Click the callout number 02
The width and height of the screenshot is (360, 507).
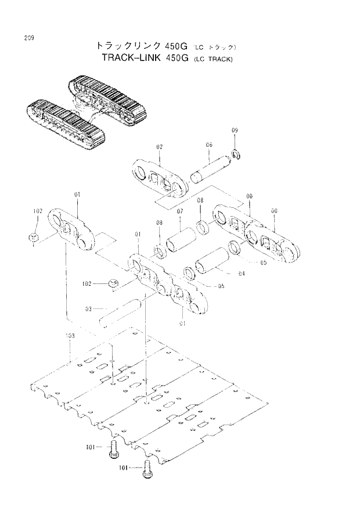[159, 148]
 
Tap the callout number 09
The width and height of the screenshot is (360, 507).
[235, 130]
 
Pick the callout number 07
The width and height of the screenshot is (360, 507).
[180, 211]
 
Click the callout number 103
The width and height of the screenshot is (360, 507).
[69, 336]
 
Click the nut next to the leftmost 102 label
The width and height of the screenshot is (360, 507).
[34, 238]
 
